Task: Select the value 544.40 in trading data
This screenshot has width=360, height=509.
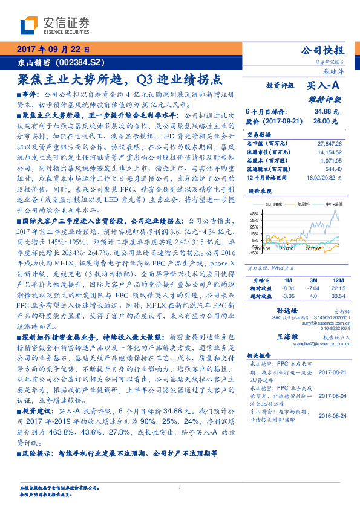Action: pyautogui.click(x=333, y=170)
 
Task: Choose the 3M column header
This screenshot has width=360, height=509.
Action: pyautogui.click(x=312, y=280)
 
